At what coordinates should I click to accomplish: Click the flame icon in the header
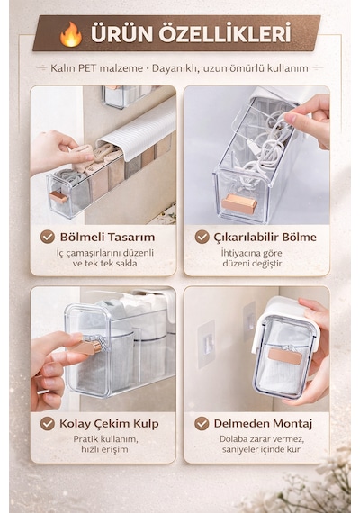click(x=71, y=34)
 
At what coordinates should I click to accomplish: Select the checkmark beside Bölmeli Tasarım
click(x=48, y=237)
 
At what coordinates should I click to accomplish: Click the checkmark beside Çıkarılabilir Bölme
click(x=202, y=237)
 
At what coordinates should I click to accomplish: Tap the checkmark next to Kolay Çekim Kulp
click(x=48, y=423)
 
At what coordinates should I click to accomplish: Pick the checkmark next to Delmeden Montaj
click(x=202, y=423)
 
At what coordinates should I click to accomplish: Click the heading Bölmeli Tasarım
click(x=107, y=237)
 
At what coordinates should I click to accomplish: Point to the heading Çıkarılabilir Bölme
click(x=265, y=237)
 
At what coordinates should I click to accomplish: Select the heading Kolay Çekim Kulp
click(x=109, y=424)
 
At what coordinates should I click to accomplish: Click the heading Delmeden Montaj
click(x=263, y=423)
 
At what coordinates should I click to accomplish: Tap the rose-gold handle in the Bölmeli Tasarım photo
click(x=58, y=197)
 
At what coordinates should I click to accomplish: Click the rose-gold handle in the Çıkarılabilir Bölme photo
click(x=239, y=204)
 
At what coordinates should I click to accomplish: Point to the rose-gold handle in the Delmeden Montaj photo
click(x=285, y=356)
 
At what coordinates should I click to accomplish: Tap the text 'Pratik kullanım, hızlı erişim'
click(x=105, y=444)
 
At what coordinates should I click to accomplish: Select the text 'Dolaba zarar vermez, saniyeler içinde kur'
click(x=262, y=444)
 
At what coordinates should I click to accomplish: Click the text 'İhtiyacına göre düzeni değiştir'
click(x=252, y=258)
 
